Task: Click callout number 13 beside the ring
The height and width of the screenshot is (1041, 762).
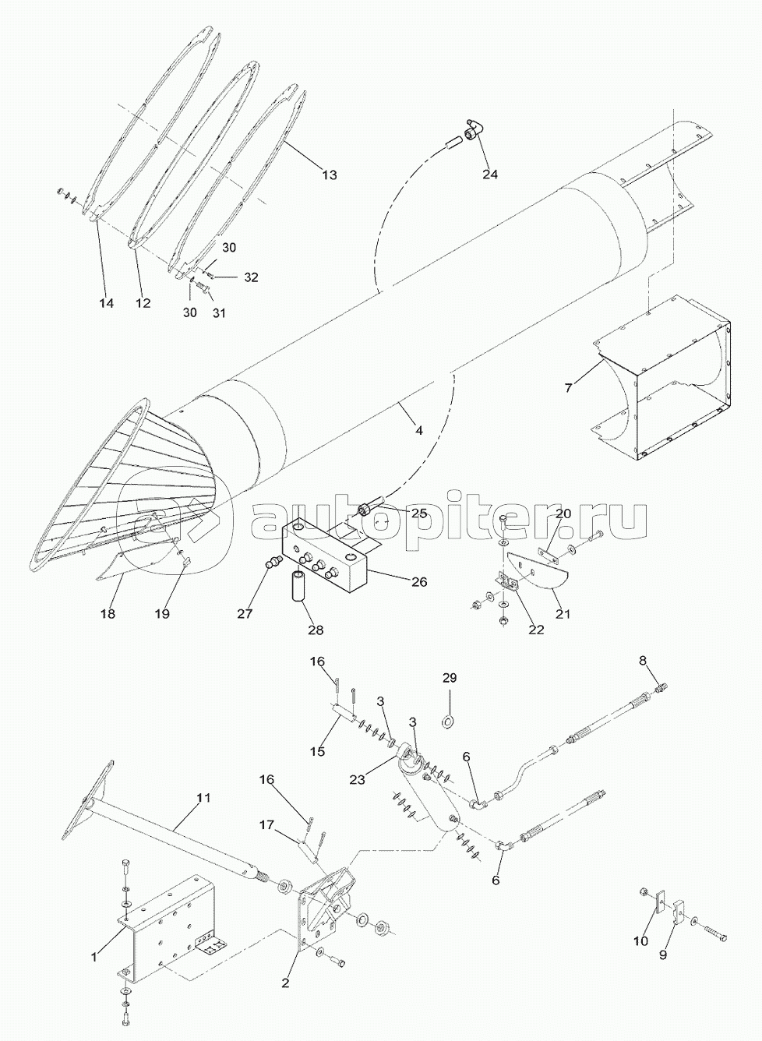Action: click(x=330, y=175)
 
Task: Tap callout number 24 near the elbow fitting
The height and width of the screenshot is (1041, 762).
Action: click(x=490, y=175)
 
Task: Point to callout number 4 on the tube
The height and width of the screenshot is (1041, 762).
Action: click(x=418, y=431)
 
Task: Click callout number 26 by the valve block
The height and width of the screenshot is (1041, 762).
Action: click(x=419, y=581)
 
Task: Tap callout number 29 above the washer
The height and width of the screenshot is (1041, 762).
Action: click(x=450, y=691)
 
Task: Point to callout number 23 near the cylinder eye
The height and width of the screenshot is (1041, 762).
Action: click(x=358, y=779)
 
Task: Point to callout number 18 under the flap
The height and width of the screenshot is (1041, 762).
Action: click(x=108, y=614)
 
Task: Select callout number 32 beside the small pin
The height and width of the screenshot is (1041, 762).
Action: click(x=251, y=277)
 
